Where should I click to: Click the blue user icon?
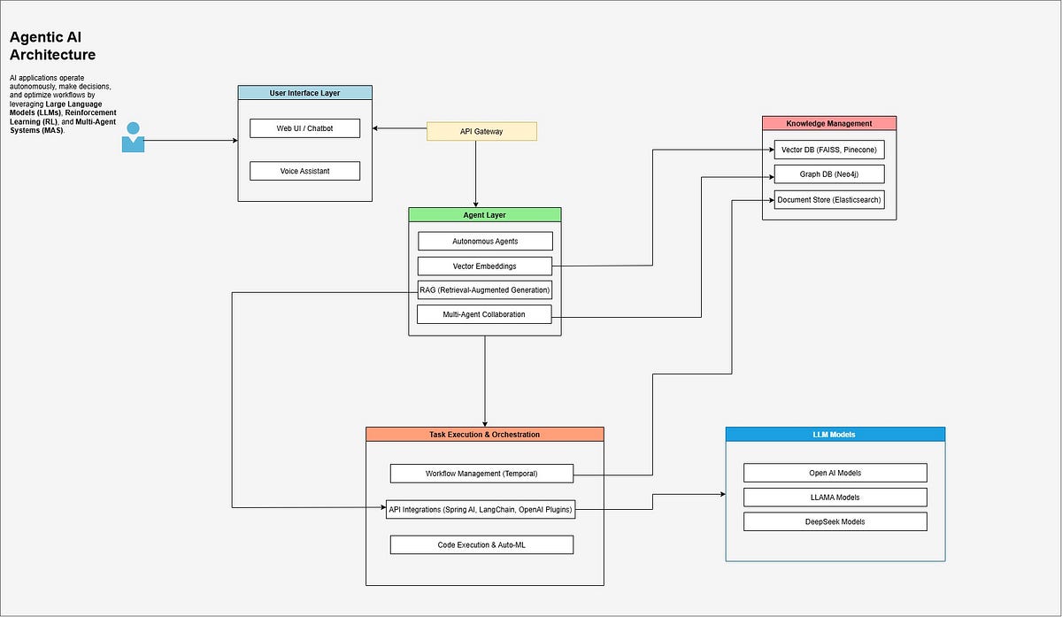point(133,138)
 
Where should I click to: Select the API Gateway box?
point(481,132)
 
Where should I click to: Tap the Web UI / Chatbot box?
point(304,128)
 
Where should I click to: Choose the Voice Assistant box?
point(304,171)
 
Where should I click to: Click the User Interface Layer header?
point(304,93)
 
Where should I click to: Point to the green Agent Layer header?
point(484,215)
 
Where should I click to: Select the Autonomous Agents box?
point(484,241)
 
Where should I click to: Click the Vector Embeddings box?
point(484,266)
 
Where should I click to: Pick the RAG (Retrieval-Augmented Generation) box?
point(484,289)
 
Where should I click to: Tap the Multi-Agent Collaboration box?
point(484,314)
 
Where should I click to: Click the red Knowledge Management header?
point(828,123)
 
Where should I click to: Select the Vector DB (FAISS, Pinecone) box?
point(828,150)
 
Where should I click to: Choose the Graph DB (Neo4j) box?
point(828,174)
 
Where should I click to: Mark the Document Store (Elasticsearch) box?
point(828,200)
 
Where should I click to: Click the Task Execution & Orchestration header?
point(484,435)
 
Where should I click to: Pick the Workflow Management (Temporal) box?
point(481,474)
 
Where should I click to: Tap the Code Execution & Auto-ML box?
point(481,544)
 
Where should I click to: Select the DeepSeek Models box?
point(835,521)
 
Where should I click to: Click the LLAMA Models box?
point(835,497)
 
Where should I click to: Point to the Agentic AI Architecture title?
point(52,46)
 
